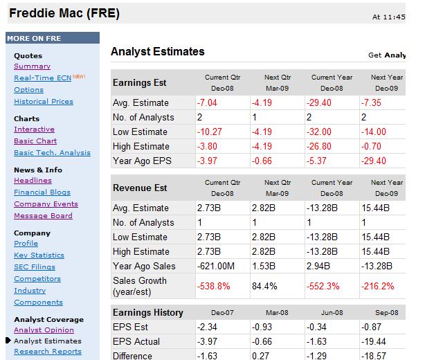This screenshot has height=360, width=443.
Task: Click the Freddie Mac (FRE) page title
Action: point(64,12)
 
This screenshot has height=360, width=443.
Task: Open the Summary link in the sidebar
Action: point(32,66)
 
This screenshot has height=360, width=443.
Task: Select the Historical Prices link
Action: point(43,102)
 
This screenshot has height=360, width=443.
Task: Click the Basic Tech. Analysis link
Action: point(52,153)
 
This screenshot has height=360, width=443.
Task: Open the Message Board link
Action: point(43,216)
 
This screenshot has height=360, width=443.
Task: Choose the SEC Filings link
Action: point(35,267)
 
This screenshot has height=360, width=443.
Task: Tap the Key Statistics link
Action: point(39,255)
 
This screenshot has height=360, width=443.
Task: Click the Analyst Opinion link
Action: point(44,330)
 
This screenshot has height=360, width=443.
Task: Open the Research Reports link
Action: point(47,352)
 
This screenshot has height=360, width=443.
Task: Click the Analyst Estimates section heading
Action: point(157,52)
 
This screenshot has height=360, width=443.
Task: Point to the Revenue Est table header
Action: point(140,188)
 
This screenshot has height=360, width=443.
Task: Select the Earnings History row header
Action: point(147,312)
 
